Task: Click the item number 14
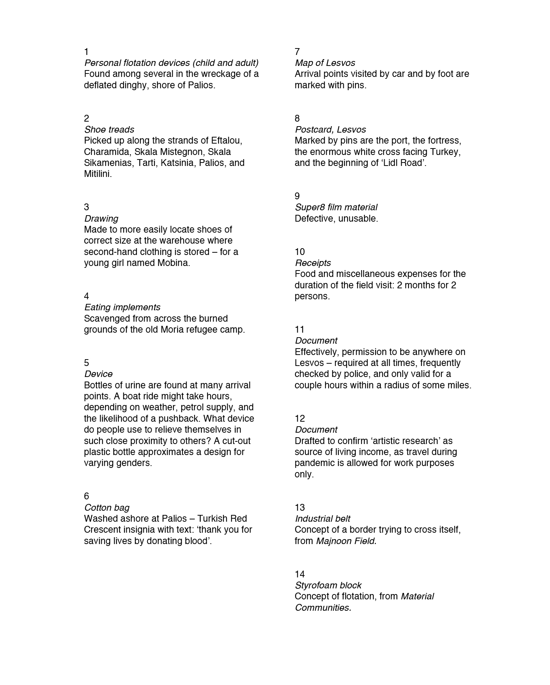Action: pyautogui.click(x=300, y=574)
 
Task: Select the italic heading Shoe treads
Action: pyautogui.click(x=109, y=130)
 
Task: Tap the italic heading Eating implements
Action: pyautogui.click(x=122, y=307)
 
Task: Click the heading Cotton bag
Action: pyautogui.click(x=107, y=508)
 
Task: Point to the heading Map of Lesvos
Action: pyautogui.click(x=325, y=63)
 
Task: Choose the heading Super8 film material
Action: pyautogui.click(x=336, y=207)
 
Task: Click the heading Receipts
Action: pyautogui.click(x=313, y=263)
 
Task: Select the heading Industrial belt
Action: pyautogui.click(x=322, y=519)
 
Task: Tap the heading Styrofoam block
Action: pyautogui.click(x=328, y=585)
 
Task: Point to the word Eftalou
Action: pyautogui.click(x=226, y=141)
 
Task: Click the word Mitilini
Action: pyautogui.click(x=97, y=174)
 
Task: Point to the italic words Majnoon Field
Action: pyautogui.click(x=346, y=541)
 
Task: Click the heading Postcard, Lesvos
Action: pyautogui.click(x=330, y=130)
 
